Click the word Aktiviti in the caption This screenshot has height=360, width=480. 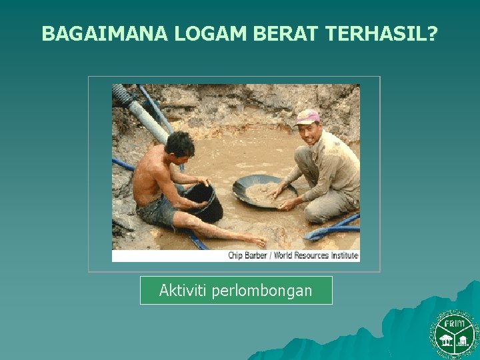pos(183,291)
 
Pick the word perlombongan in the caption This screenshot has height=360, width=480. pos(262,291)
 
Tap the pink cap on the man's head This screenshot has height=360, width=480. pos(307,117)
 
